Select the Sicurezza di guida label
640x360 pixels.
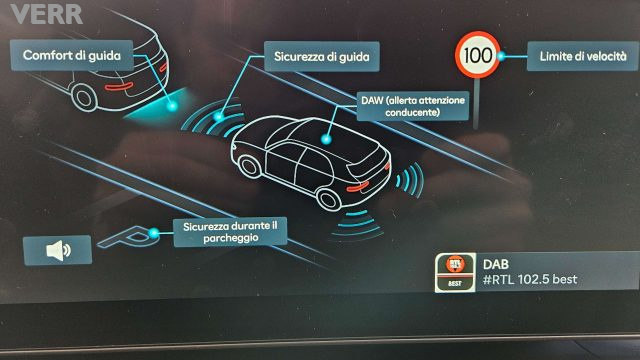point(321,57)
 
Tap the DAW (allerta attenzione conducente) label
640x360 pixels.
point(408,106)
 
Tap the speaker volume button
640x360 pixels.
point(58,249)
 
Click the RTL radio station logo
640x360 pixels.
point(455,271)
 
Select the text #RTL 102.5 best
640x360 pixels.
point(531,279)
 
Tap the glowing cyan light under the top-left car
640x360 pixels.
point(181,100)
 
